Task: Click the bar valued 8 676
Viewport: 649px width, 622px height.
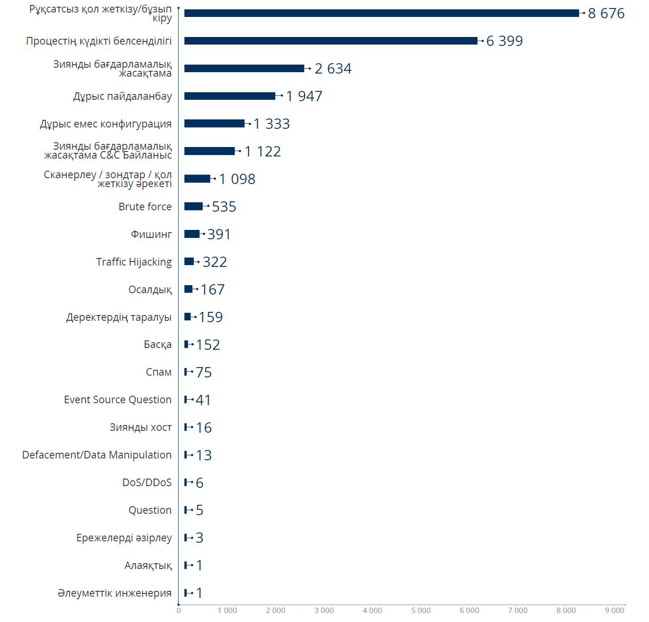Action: click(381, 13)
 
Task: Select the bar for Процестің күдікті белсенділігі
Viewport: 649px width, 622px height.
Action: click(331, 41)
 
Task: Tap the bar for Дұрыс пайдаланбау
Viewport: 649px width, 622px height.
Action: click(229, 96)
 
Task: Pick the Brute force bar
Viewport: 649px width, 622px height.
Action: click(193, 206)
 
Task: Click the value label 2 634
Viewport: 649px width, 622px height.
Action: click(333, 69)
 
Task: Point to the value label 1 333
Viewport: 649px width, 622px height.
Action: click(271, 124)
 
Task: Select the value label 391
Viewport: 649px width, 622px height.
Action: click(219, 234)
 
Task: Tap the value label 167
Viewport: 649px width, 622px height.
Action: click(212, 290)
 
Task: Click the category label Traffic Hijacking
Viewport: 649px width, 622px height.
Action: click(134, 262)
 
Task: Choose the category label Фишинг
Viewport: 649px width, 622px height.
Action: click(151, 234)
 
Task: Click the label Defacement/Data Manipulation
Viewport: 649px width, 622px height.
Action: click(97, 455)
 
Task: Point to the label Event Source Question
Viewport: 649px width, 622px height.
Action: click(118, 400)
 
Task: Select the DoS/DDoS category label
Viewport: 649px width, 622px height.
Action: click(147, 483)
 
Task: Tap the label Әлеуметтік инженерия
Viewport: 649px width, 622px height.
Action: click(114, 593)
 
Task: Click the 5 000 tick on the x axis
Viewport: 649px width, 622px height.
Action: click(420, 610)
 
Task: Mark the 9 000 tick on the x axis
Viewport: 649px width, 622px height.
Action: click(614, 610)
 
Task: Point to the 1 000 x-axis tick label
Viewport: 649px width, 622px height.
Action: click(227, 610)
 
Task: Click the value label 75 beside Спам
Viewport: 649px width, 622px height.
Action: click(204, 372)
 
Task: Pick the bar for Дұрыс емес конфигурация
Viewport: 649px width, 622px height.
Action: click(214, 123)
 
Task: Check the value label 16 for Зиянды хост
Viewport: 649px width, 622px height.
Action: click(204, 428)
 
